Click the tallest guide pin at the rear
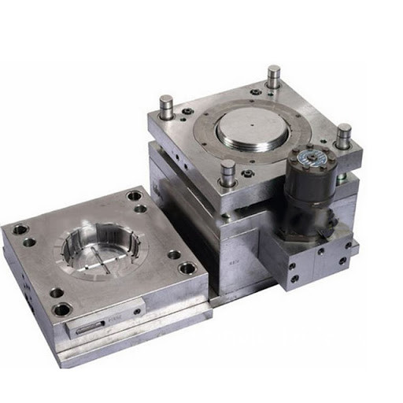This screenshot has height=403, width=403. click(x=273, y=77)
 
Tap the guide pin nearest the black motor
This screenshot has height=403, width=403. click(x=343, y=135)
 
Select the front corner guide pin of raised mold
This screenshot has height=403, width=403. click(x=227, y=172)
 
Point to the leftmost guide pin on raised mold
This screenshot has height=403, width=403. click(x=166, y=106)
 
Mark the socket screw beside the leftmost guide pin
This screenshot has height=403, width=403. click(x=187, y=112)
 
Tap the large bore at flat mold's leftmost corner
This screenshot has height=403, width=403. click(x=20, y=231)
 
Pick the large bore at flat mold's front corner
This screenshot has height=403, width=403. click(x=61, y=309)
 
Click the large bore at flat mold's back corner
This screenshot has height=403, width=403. click(x=134, y=196)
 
